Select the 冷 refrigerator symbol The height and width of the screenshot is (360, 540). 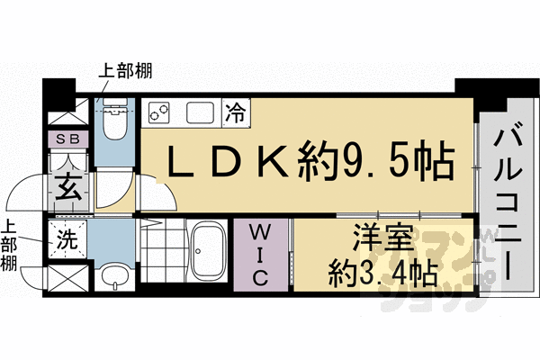point(236,112)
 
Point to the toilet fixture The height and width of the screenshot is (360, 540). point(113,121)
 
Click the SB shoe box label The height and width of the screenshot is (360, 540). point(67,139)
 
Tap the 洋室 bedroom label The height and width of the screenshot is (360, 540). point(382,241)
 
